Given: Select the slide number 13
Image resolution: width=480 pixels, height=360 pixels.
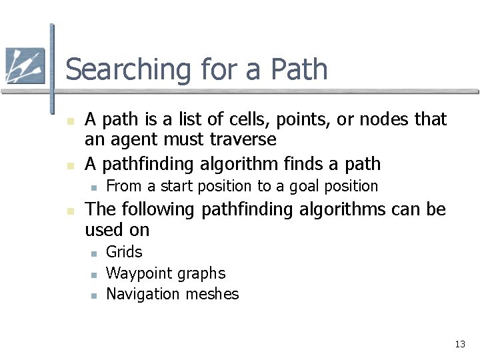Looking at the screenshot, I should point(459,344).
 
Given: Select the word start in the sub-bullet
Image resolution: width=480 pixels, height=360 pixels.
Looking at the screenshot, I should point(171,186).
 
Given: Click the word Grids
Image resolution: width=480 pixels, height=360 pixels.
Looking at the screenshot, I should point(125,252).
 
